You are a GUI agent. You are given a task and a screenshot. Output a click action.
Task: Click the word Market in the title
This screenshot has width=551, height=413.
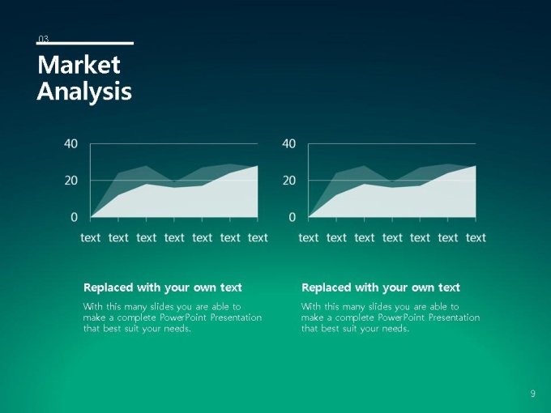(x=79, y=65)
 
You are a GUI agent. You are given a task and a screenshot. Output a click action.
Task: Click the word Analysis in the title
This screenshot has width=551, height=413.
(x=84, y=92)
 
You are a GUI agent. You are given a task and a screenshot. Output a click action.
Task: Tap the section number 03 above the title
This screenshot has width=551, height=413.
(x=43, y=39)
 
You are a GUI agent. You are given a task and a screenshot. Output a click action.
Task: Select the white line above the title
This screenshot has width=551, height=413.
(x=85, y=43)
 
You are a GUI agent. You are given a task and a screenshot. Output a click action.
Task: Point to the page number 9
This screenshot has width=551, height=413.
(x=532, y=394)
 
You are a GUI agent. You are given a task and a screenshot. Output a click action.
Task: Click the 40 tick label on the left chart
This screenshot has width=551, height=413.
(x=70, y=143)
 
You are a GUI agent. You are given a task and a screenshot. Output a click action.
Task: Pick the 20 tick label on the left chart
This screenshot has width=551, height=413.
(x=70, y=181)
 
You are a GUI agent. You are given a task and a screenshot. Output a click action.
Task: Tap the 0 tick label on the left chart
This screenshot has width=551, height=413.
(x=74, y=217)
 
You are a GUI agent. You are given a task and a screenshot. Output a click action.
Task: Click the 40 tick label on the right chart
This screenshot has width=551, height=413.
(x=288, y=143)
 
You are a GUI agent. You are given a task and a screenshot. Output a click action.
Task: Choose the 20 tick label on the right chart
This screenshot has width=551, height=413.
(x=288, y=181)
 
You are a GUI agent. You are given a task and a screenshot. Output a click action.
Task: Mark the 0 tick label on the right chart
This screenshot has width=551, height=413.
(x=292, y=217)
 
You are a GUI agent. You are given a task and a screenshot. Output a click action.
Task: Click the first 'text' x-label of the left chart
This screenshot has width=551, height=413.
(x=90, y=238)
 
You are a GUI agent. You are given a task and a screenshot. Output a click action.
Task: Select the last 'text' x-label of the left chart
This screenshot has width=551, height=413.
(x=258, y=238)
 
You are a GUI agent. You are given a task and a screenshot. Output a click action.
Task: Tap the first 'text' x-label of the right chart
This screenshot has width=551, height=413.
(x=309, y=238)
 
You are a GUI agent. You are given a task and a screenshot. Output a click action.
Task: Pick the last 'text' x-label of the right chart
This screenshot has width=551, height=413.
(x=476, y=238)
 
